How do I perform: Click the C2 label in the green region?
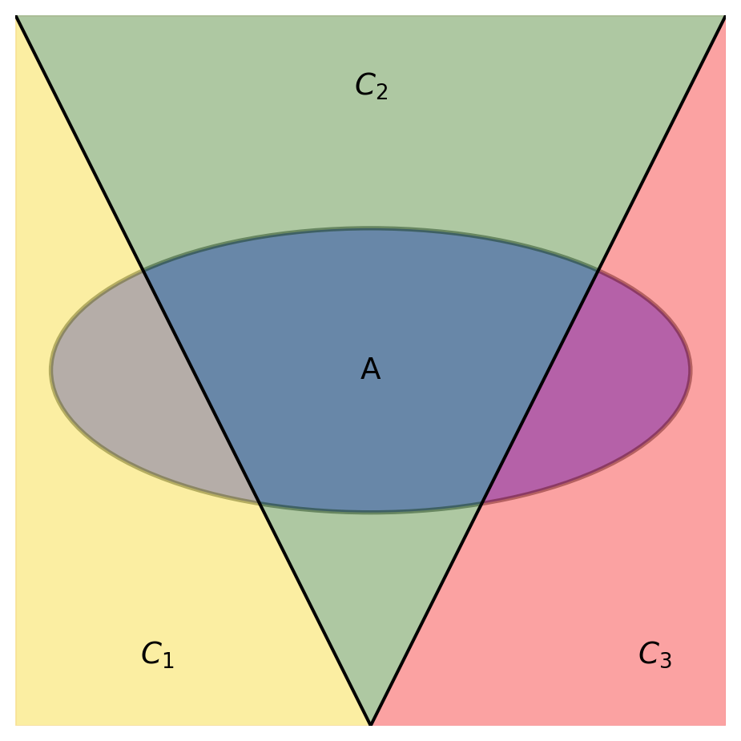[372, 86]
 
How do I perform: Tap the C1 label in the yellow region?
[158, 654]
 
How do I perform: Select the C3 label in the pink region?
[655, 654]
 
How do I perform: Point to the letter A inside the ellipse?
[370, 368]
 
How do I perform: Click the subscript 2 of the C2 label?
[382, 91]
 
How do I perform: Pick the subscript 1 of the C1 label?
[168, 660]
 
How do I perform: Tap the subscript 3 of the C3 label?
[666, 660]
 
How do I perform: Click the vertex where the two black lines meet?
[370, 724]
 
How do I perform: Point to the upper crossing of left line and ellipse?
[143, 270]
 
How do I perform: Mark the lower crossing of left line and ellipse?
[260, 504]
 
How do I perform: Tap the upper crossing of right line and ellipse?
[598, 270]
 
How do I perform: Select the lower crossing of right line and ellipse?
[481, 504]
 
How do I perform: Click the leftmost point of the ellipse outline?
[50, 370]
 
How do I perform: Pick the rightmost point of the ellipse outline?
[691, 370]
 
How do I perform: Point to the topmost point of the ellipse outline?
[370, 228]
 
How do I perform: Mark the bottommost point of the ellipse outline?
[370, 512]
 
